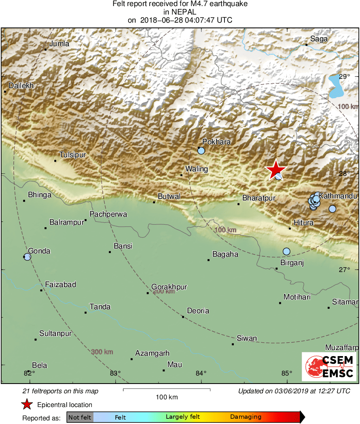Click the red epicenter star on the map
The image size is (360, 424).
275,169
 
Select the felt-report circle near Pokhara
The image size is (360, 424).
201,151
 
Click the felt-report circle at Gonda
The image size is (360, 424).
27,257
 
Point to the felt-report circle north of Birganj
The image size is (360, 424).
286,251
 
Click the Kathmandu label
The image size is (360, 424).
338,196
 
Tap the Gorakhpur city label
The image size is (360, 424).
169,287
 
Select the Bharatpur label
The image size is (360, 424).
259,198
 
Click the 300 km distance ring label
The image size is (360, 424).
102,352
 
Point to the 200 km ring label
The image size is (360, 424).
163,291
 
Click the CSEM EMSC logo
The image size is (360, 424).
329,367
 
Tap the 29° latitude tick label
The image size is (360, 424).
344,77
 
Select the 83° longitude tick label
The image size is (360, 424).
115,373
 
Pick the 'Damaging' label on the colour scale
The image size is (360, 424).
246,417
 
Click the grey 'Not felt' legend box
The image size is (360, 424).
80,417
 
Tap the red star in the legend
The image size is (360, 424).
27,404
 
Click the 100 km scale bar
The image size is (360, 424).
167,390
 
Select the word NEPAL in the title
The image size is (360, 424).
180,12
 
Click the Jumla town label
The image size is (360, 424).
59,44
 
